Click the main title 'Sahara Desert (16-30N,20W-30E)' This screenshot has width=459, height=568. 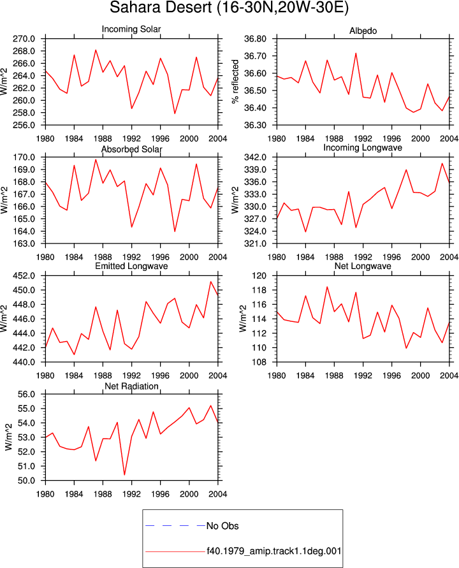point(229,8)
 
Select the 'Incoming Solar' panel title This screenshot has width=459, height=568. point(131,29)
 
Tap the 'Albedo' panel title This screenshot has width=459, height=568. point(363,31)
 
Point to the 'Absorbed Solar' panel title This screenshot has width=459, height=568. point(131,149)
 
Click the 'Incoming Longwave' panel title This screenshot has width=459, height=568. point(363,147)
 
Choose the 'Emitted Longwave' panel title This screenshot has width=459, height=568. point(131,266)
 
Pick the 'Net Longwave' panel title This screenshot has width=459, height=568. point(363,266)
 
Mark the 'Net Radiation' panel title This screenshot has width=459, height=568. point(131,386)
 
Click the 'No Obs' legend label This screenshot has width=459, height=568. point(222,526)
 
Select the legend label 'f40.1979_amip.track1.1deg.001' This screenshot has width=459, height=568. point(274,551)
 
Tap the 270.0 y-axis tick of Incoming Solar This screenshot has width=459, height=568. point(24,39)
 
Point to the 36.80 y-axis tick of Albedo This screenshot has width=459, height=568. point(255,39)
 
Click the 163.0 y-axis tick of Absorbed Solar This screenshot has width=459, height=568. point(24,244)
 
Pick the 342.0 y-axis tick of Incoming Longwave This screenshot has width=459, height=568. point(255,157)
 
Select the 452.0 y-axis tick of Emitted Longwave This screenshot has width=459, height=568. point(24,275)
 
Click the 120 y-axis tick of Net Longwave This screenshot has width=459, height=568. point(259,275)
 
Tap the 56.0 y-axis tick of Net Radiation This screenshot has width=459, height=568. point(26,394)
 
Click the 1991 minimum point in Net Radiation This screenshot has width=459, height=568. point(124,474)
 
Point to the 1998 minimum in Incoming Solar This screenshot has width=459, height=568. point(175,113)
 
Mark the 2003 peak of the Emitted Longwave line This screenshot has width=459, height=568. point(210,282)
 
